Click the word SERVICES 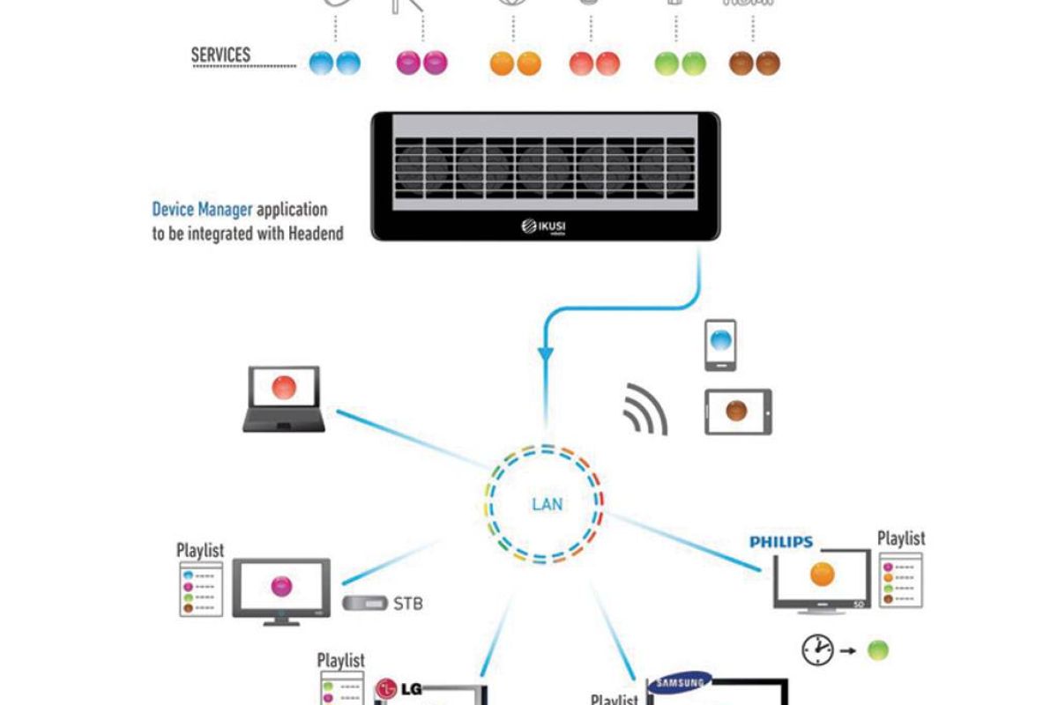pyautogui.click(x=220, y=55)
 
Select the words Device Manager pyautogui.click(x=203, y=210)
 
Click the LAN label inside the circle pyautogui.click(x=548, y=505)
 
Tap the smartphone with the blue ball pyautogui.click(x=721, y=345)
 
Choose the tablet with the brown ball pyautogui.click(x=738, y=412)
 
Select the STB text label pyautogui.click(x=408, y=605)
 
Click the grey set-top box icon pyautogui.click(x=364, y=604)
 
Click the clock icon pyautogui.click(x=817, y=650)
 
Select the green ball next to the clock pyautogui.click(x=877, y=650)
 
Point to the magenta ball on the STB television pyautogui.click(x=281, y=585)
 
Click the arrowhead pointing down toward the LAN pyautogui.click(x=546, y=354)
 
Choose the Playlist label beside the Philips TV pyautogui.click(x=901, y=538)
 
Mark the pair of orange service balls pyautogui.click(x=515, y=63)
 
